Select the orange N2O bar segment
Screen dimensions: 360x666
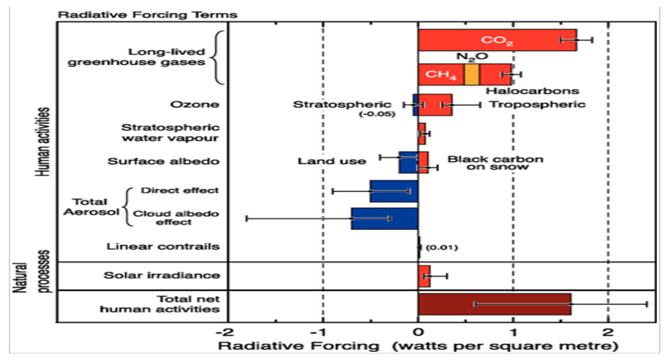point(472,74)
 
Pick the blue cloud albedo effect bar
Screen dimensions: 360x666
point(384,219)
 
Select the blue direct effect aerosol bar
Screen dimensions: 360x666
point(393,191)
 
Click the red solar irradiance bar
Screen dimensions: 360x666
point(423,276)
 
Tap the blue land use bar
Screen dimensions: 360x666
point(408,162)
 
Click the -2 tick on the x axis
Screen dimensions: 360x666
point(225,333)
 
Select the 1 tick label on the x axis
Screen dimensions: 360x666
point(513,333)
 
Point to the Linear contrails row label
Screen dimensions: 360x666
point(164,247)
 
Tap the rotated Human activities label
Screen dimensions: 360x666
point(43,141)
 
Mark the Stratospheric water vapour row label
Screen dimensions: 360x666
point(171,132)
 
